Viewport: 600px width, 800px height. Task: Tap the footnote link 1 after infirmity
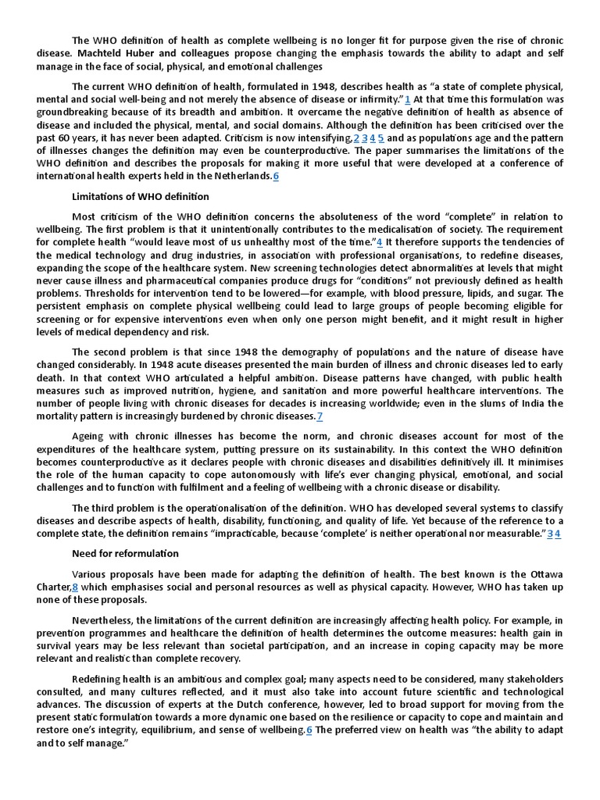(x=408, y=100)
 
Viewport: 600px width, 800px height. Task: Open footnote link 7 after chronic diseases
(x=320, y=416)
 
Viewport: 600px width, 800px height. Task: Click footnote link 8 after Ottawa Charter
(x=75, y=587)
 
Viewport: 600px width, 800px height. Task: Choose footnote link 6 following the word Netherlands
(x=276, y=176)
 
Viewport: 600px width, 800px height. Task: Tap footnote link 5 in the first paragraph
(x=380, y=138)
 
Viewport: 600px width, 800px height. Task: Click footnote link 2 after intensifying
(x=356, y=138)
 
